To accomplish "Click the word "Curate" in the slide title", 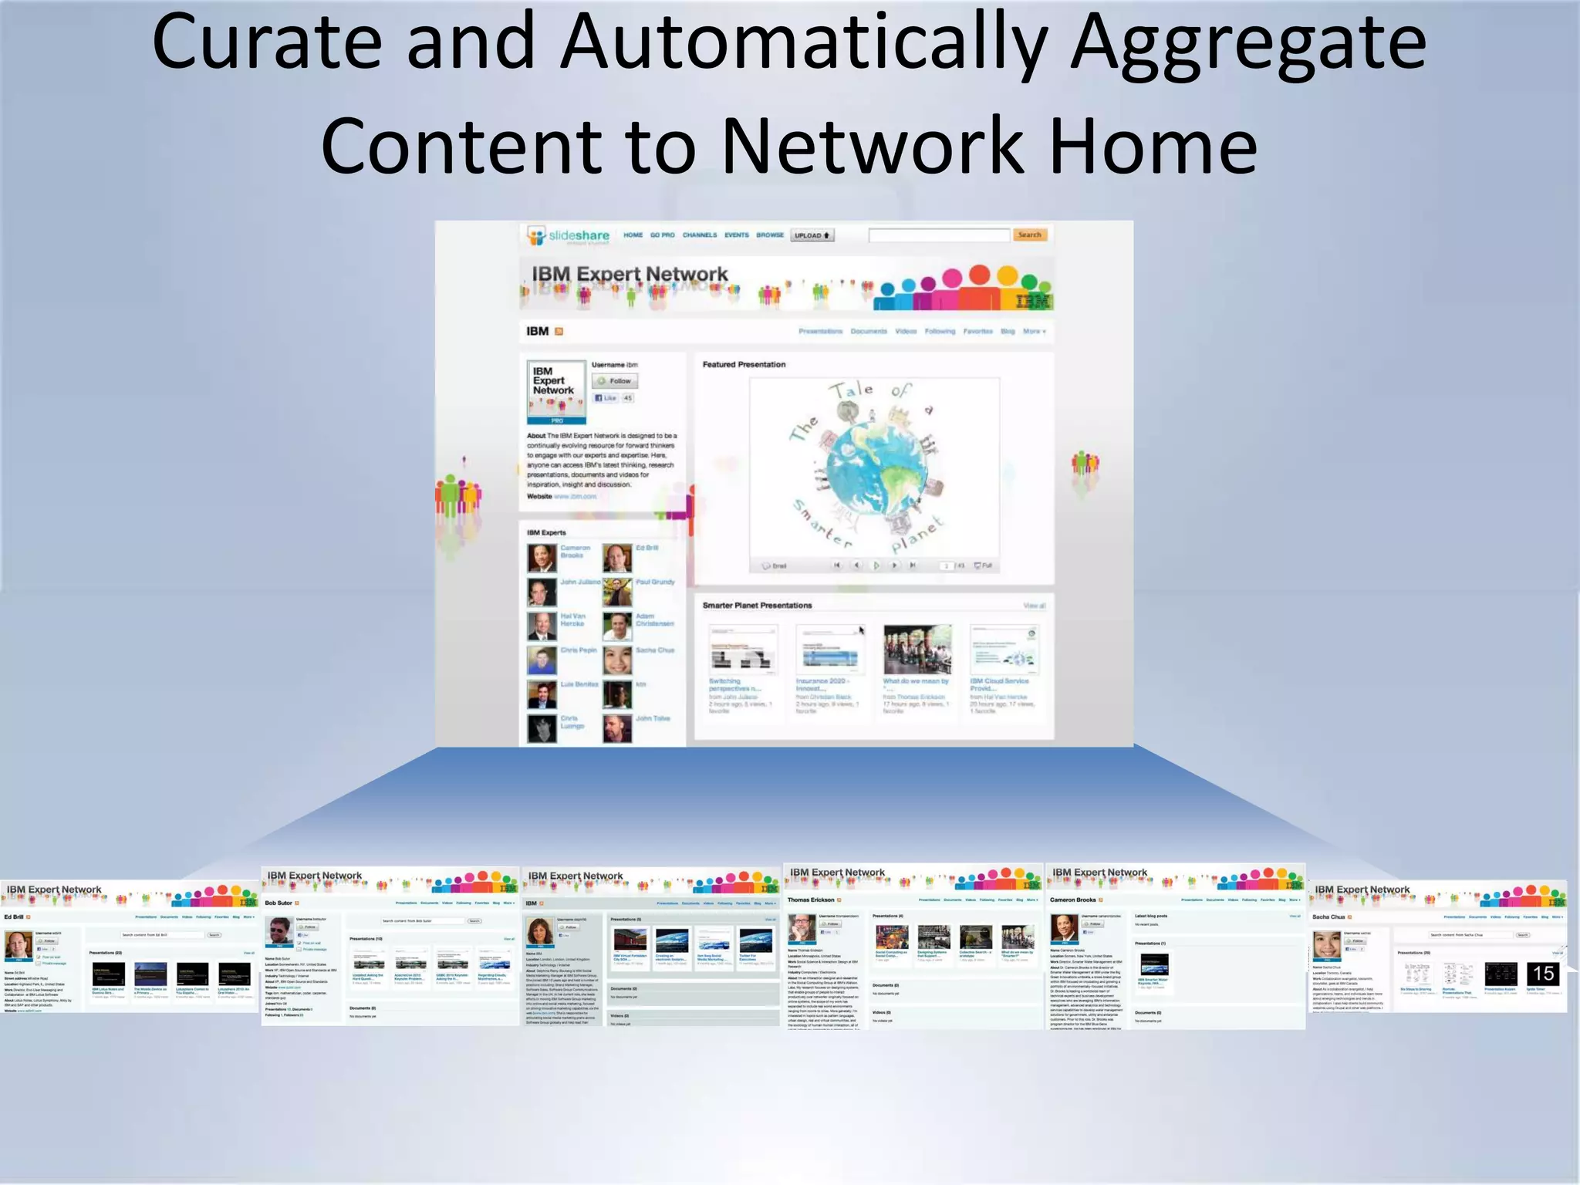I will (266, 42).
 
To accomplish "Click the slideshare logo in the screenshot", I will (569, 235).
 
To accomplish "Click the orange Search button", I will (1029, 235).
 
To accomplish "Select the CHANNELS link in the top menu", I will (699, 235).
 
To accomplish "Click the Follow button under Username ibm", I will (616, 381).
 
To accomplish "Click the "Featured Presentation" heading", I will (744, 365).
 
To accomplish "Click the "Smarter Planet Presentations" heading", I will (757, 606).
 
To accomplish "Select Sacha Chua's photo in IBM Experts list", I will (617, 660).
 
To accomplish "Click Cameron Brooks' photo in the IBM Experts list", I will (542, 558).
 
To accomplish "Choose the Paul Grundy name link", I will (655, 582).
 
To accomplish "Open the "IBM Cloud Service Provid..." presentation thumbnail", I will (1004, 649).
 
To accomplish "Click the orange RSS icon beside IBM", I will (559, 332).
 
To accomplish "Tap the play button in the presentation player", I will (876, 565).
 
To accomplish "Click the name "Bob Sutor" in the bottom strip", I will (279, 903).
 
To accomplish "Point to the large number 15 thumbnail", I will (1543, 974).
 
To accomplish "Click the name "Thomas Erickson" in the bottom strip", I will (811, 900).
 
